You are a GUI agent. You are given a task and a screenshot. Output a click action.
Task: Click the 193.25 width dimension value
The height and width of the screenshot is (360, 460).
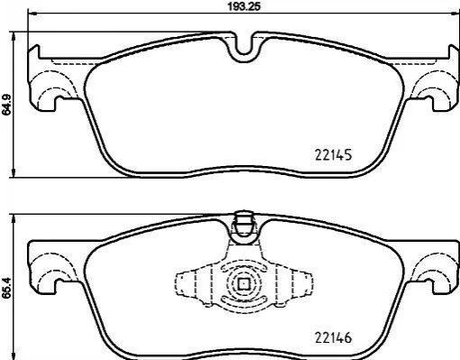pos(244,6)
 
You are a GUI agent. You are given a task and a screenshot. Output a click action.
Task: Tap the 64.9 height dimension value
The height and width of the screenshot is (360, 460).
pos(6,105)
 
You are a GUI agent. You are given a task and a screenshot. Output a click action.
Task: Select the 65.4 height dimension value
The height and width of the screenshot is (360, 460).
pos(6,288)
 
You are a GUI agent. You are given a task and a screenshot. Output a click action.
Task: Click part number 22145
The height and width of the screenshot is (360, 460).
pos(333,155)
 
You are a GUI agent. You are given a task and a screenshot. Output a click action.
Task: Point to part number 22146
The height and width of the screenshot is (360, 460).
pos(333,338)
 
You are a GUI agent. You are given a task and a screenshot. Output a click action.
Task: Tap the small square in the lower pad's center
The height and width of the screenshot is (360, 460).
pos(244,283)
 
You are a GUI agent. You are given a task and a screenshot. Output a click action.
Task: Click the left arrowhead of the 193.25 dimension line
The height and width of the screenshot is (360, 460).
pos(32,14)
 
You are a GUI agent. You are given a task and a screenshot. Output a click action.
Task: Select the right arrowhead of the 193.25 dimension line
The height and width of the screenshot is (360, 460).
pos(455,14)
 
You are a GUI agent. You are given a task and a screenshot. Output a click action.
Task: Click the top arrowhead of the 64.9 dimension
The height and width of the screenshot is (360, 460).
pos(14,36)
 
